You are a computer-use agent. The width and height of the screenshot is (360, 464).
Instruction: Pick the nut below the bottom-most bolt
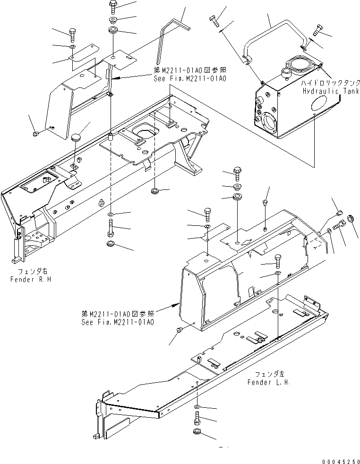click(x=197, y=431)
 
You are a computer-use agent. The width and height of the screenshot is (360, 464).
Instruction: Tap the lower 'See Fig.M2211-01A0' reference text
click(x=117, y=322)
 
